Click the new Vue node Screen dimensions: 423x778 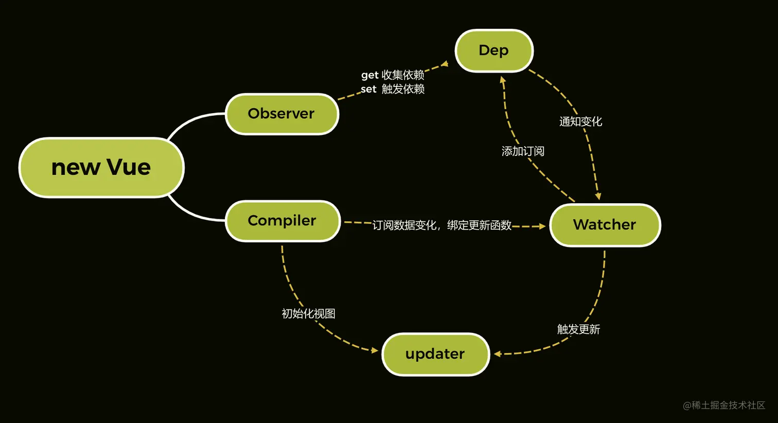101,167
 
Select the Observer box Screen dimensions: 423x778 281,114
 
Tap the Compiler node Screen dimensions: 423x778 282,221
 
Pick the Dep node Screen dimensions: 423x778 493,50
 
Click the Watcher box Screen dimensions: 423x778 605,225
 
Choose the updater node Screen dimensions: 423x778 435,354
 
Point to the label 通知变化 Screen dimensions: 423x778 580,121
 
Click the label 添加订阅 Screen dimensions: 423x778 523,151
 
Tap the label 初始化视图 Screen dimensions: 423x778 308,314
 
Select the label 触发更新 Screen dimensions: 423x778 578,329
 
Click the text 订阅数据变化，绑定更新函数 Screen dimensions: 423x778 441,225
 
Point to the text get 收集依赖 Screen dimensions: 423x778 393,75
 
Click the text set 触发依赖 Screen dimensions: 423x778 393,89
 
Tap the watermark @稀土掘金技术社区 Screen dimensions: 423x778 723,406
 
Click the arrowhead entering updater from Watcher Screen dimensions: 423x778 497,354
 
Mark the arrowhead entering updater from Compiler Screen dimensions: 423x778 375,350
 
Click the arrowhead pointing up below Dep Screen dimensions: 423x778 503,80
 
